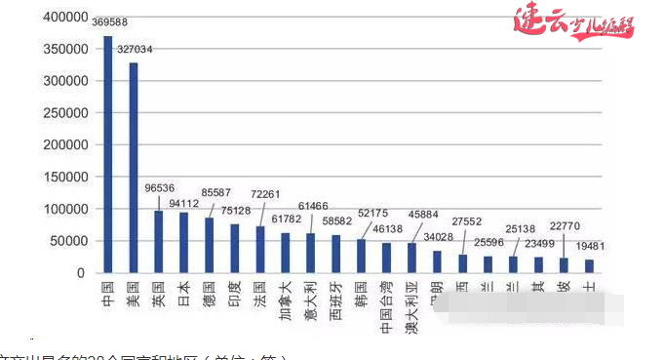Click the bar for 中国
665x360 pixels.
pos(108,161)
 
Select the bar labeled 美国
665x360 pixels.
pos(134,168)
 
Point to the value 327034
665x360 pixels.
pos(134,48)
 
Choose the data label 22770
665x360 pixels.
pos(565,226)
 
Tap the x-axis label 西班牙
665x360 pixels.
pos(335,297)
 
